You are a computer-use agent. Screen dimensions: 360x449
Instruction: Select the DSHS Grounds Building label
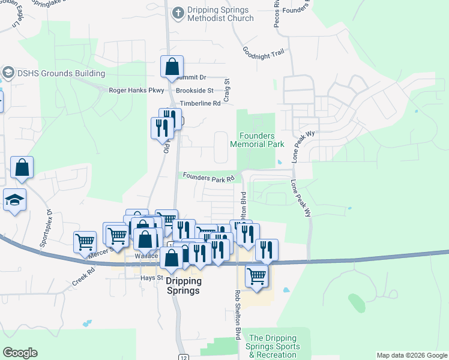coord(61,74)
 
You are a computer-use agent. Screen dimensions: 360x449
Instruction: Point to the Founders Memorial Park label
coord(258,140)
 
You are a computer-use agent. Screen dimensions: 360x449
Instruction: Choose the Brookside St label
coord(194,91)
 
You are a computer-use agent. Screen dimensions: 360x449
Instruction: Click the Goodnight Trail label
coord(262,52)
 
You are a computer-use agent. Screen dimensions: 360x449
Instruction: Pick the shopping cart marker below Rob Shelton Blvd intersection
coord(256,277)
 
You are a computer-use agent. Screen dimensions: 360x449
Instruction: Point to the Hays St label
coord(152,278)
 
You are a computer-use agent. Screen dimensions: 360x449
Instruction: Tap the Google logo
coord(20,352)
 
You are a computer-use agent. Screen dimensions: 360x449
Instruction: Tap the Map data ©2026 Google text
coord(412,355)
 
